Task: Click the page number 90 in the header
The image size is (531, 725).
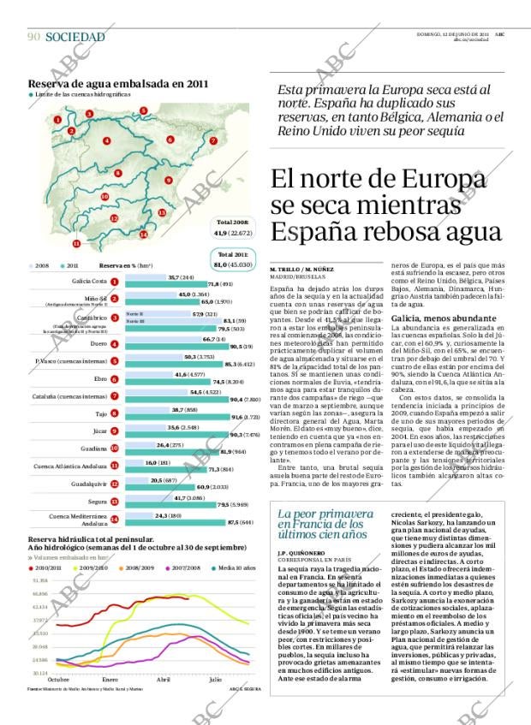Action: coord(34,37)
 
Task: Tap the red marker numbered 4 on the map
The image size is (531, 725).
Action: coord(106,140)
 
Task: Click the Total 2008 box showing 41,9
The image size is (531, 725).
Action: coord(232,227)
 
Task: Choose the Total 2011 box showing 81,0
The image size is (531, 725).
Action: coord(235,259)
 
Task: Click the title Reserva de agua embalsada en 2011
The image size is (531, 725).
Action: coord(118,84)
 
